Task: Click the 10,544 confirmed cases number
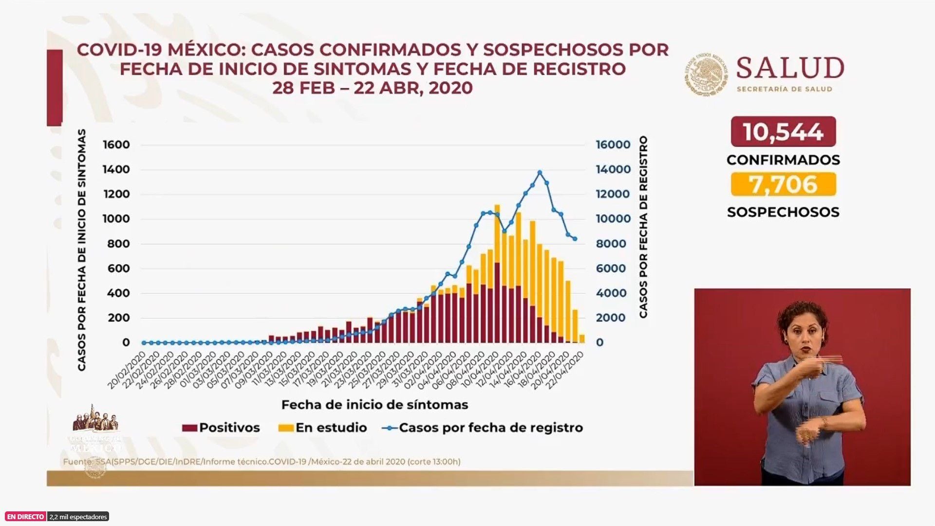783,132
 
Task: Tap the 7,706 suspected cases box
783,185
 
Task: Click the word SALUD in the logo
790,68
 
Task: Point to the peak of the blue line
540,172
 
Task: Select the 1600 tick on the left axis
116,145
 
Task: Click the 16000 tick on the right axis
613,145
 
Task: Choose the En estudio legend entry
322,428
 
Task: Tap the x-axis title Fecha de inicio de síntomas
374,405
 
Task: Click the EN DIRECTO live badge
25,517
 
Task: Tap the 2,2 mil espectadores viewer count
78,517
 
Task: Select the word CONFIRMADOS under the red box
783,160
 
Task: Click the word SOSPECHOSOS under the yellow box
783,212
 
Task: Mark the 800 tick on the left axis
118,244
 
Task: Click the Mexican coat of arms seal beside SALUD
706,74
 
